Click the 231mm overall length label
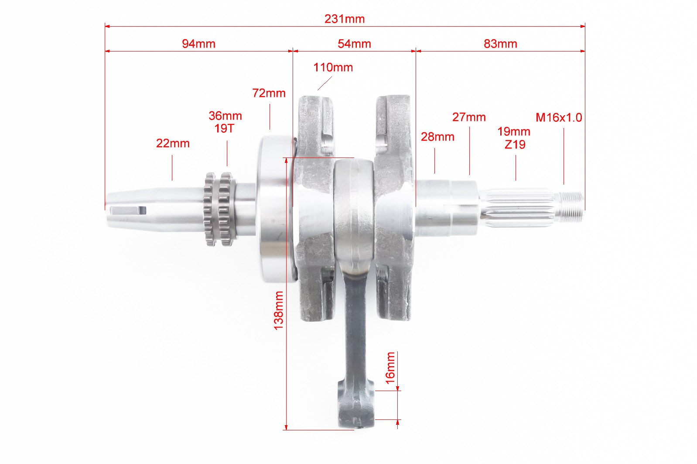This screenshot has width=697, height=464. coord(345,19)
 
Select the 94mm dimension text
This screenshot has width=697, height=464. coord(198,44)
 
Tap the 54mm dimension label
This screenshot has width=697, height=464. coord(355,44)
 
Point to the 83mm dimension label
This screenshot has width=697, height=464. coord(500,44)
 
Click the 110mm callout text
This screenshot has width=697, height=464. coord(333,68)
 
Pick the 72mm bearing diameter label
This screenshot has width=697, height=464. coord(269,93)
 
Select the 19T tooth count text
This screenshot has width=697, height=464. coord(224,129)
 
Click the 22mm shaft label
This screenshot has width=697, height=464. coord(173,144)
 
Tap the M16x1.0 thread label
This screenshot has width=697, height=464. coord(559,118)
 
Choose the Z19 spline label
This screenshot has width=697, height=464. coord(515,144)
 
